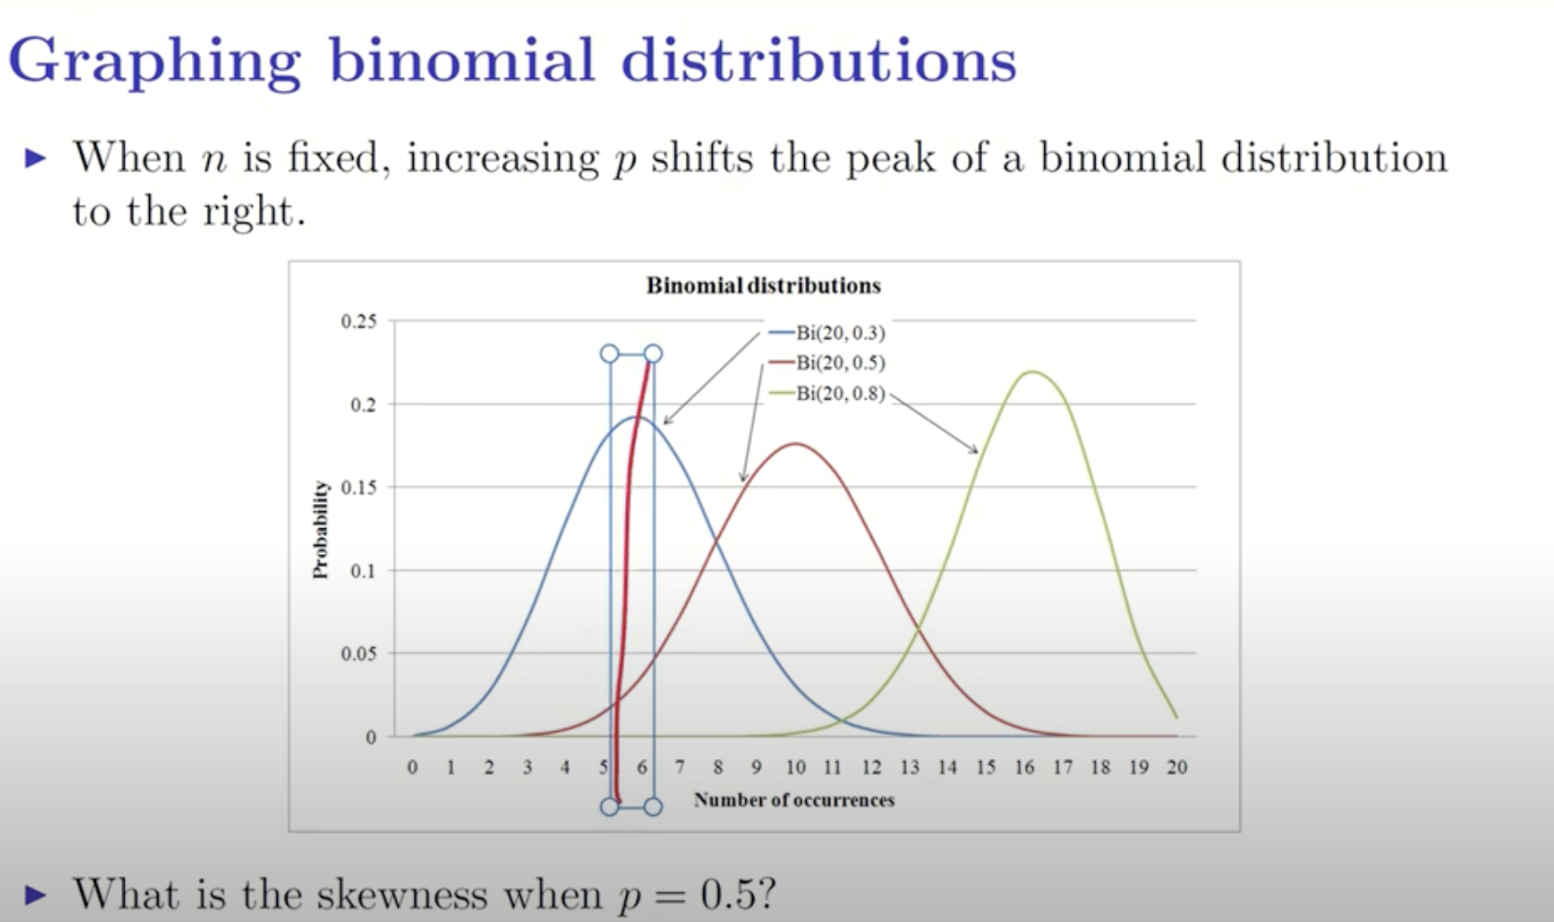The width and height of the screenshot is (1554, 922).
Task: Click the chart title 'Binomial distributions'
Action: point(763,286)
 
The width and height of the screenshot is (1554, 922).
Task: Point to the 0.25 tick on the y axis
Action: point(359,322)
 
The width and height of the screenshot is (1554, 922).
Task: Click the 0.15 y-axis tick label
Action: point(359,488)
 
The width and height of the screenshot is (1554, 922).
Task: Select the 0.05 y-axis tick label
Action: point(359,654)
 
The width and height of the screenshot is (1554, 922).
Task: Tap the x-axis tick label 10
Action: point(795,767)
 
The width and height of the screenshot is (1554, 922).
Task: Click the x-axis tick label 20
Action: point(1177,767)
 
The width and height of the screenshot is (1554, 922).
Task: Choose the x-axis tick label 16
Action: point(1024,767)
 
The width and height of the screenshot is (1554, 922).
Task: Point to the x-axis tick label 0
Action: point(413,767)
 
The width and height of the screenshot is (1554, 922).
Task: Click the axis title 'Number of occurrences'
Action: point(794,800)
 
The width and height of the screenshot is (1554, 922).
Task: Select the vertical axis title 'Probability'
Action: point(321,529)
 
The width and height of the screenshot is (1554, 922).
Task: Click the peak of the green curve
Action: point(1031,372)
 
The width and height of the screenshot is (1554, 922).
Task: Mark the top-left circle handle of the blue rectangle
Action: point(609,354)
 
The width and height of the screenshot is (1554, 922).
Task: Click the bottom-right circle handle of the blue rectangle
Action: point(653,807)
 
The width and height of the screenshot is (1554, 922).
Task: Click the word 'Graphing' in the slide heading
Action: point(155,61)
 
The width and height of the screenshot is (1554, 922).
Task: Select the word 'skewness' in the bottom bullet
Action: point(402,895)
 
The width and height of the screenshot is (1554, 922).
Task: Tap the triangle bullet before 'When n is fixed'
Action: point(35,158)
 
